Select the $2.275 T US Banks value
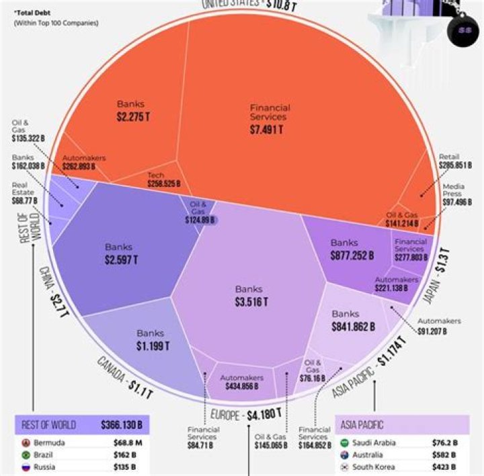pyautogui.click(x=130, y=117)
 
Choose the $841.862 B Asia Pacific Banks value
pyautogui.click(x=353, y=327)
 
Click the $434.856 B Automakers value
pyautogui.click(x=240, y=386)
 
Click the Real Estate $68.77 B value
pyautogui.click(x=26, y=200)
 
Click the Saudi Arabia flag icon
pyautogui.click(x=345, y=443)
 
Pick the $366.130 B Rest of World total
pyautogui.click(x=122, y=425)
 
